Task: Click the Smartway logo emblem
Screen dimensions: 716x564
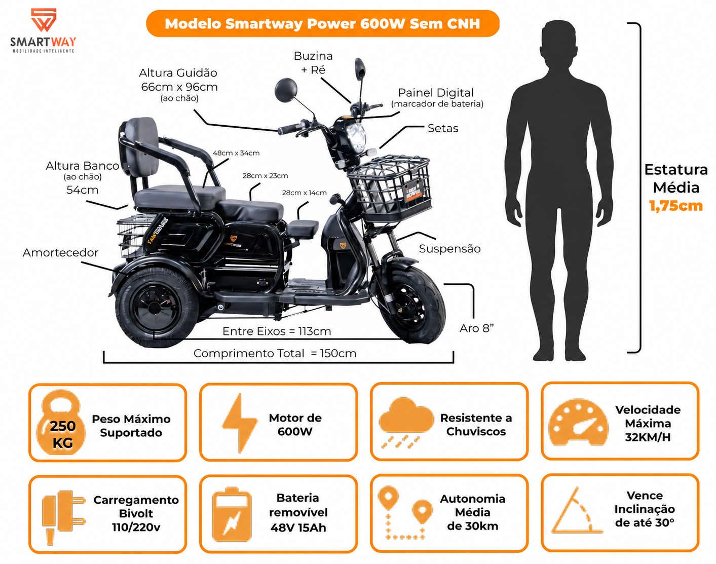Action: (44, 20)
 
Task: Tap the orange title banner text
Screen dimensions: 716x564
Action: (322, 24)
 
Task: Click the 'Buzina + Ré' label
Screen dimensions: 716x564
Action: (313, 62)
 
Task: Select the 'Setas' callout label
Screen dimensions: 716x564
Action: (443, 128)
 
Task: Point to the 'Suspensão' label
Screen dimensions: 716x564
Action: (449, 249)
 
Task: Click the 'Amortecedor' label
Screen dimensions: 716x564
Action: (60, 252)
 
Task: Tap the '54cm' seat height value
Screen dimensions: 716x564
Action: (82, 190)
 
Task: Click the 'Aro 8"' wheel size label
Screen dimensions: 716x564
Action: (476, 328)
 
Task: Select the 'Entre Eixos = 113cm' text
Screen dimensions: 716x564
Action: (277, 331)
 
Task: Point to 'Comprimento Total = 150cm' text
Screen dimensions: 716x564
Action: (275, 353)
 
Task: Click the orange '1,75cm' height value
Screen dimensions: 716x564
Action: (676, 206)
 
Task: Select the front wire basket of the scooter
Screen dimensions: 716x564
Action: (389, 188)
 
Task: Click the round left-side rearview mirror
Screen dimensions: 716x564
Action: (286, 90)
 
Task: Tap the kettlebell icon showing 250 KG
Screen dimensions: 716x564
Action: (61, 423)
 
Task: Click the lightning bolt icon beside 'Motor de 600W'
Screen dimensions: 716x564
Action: (240, 423)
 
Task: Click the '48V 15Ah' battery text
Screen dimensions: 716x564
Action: (298, 528)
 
